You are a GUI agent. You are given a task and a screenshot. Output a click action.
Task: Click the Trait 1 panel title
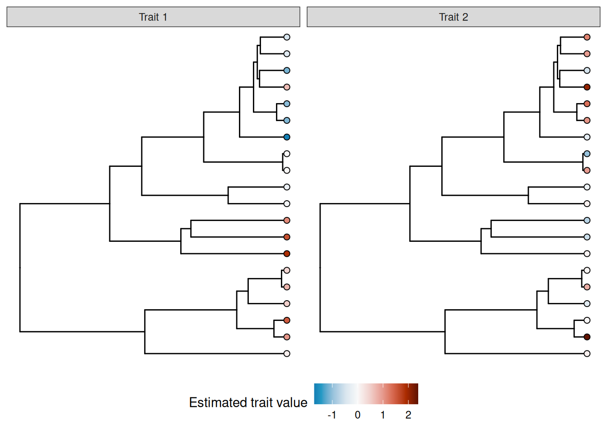(153, 17)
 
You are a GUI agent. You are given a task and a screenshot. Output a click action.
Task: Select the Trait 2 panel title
(453, 17)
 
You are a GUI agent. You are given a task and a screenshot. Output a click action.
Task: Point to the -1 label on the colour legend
(332, 415)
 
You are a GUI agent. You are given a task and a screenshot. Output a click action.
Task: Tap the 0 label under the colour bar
(357, 415)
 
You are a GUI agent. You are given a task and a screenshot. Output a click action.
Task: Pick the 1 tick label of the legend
(383, 415)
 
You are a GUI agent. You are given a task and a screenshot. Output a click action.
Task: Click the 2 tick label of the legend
(408, 415)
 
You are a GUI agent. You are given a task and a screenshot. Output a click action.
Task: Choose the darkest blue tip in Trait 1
(287, 137)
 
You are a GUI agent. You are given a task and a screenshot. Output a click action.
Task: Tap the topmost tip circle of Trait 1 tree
(287, 37)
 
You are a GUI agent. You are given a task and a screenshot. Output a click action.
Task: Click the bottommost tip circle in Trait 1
(287, 354)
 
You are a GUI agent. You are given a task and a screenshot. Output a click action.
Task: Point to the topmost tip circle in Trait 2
(587, 37)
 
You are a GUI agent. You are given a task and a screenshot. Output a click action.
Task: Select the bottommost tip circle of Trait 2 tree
(587, 354)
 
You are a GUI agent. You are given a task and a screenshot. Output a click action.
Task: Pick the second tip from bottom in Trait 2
(587, 337)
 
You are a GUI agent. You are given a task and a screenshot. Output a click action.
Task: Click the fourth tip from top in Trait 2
(587, 87)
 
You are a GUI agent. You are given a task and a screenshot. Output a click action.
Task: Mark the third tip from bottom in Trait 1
(287, 320)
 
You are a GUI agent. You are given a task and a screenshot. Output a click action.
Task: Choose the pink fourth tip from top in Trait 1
(287, 87)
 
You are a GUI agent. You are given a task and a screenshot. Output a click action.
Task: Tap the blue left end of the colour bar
(317, 393)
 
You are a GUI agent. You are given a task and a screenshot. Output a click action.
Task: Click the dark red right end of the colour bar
(416, 393)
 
